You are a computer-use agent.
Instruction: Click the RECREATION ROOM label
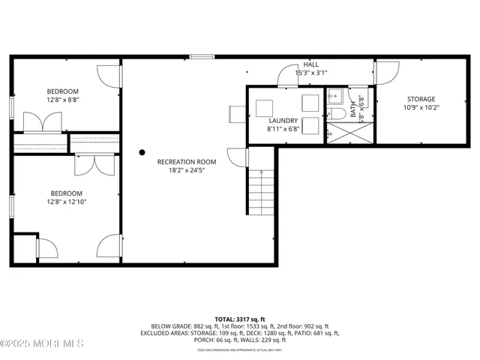coord(187,161)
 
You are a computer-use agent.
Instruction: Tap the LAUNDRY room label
coord(283,121)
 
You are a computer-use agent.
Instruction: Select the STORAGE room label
coord(421,99)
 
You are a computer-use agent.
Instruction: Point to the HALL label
coord(310,64)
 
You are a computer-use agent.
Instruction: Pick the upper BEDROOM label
coord(63,91)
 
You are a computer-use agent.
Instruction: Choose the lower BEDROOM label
coord(66,192)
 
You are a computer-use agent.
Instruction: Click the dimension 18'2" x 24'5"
coord(187,170)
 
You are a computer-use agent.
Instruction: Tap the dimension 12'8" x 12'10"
coord(66,201)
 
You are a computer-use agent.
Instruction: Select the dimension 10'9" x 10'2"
coord(421,107)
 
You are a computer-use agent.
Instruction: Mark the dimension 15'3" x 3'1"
coord(310,73)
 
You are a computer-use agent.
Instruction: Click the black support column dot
coord(142,152)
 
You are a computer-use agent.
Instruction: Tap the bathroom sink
coord(334,95)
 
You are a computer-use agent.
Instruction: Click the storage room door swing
coord(387,71)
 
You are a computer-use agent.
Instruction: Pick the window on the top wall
coord(201,55)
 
